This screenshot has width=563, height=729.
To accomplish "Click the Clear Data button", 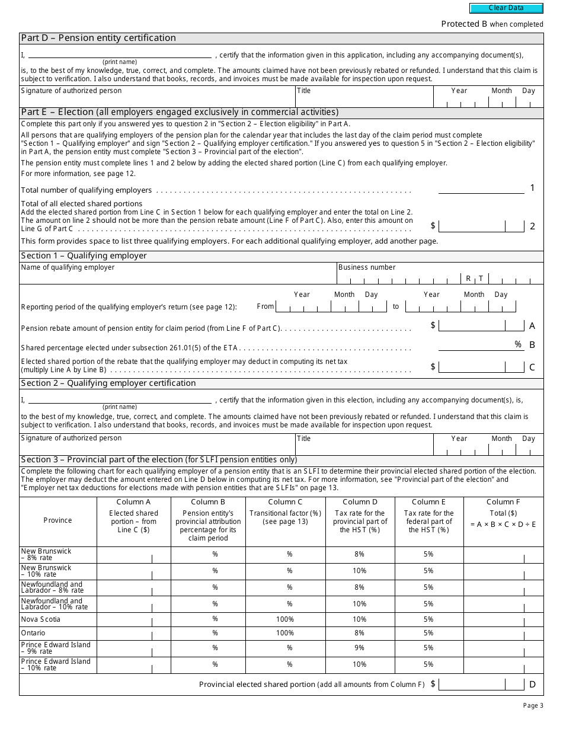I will tap(506, 8).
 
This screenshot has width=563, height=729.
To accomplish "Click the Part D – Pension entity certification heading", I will tap(98, 38).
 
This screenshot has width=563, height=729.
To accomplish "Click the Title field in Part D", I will tap(364, 97).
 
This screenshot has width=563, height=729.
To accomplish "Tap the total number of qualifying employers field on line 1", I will tap(481, 188).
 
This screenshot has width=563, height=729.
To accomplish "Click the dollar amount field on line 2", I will tap(481, 226).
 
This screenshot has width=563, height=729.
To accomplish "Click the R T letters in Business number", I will tap(474, 279).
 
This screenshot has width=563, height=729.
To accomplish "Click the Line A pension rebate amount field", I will tap(481, 325).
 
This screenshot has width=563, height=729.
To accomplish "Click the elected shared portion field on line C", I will tap(481, 367).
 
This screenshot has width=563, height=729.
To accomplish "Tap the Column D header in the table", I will tap(360, 502).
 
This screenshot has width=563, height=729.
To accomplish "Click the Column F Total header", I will tap(503, 502).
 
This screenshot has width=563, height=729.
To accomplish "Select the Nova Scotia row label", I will tap(40, 619).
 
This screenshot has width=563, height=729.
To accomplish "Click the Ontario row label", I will tap(33, 633).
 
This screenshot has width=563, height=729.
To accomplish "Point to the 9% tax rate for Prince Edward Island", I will tap(360, 648).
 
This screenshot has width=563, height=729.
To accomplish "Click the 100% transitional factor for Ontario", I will tap(285, 633).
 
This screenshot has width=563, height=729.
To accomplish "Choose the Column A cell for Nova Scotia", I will tap(133, 619).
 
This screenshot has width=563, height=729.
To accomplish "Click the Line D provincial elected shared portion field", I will tap(481, 685).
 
